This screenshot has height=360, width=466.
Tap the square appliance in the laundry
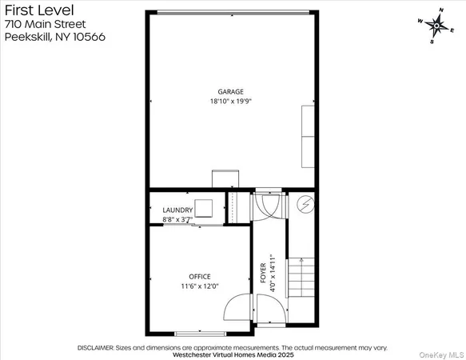(205, 208)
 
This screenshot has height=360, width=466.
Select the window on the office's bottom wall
(195, 333)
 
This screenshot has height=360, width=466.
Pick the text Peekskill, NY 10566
(54, 38)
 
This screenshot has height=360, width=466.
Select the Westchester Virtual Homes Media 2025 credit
(233, 355)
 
